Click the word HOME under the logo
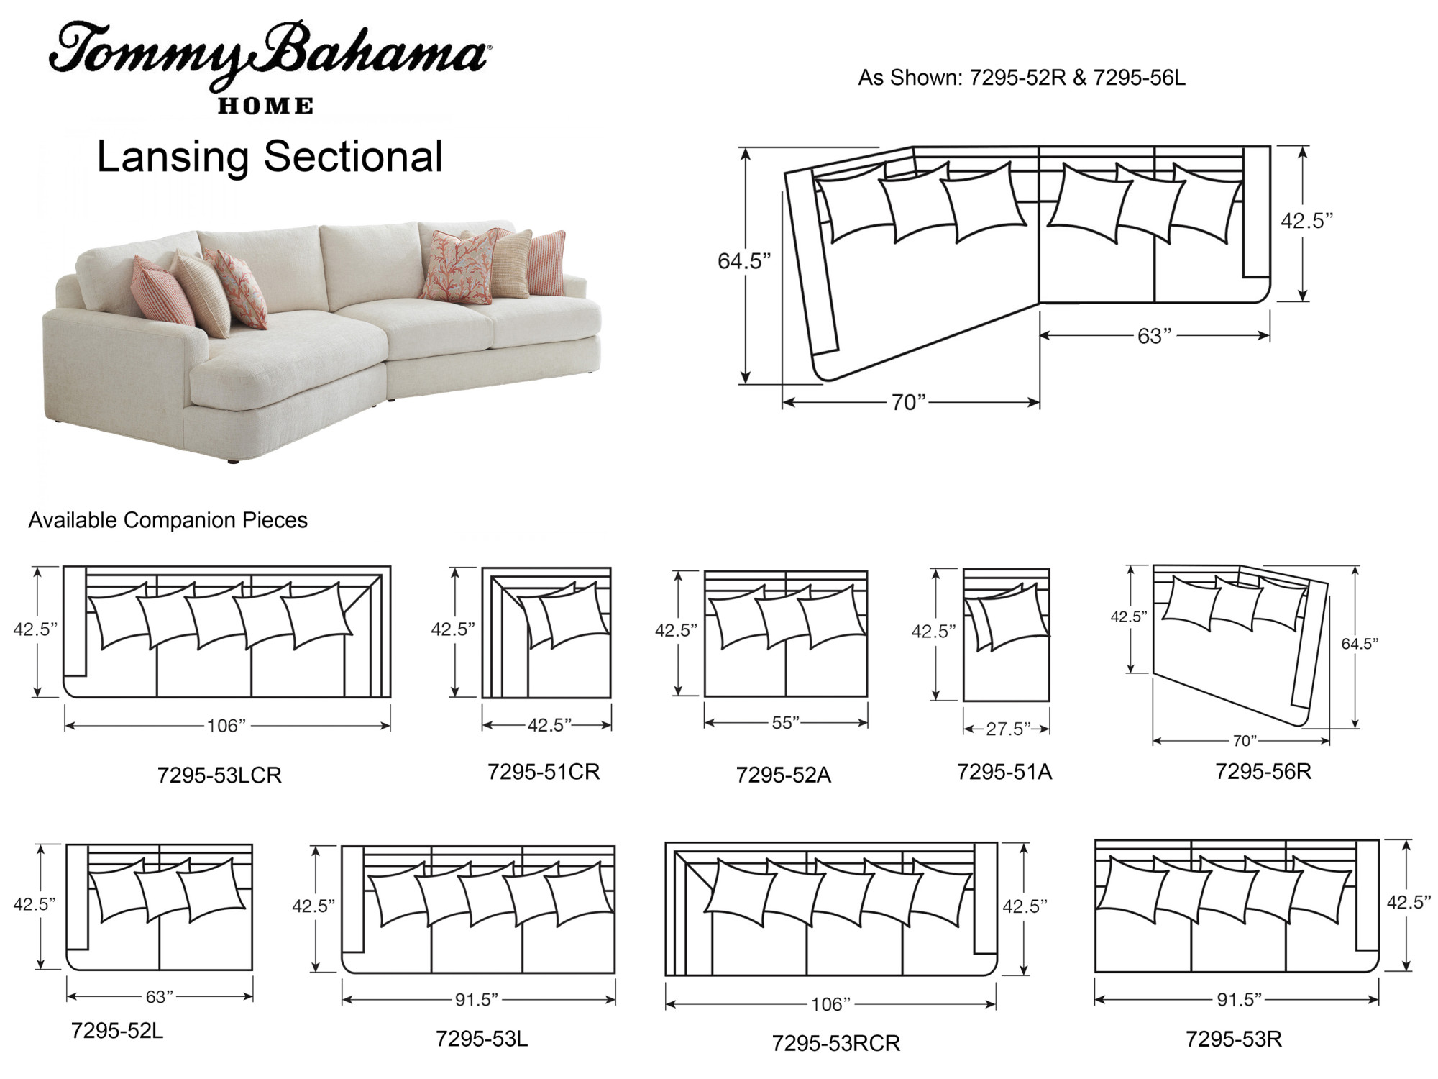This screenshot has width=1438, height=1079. pyautogui.click(x=265, y=106)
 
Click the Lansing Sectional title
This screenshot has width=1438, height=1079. pyautogui.click(x=270, y=157)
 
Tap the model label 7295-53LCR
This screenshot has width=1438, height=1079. pyautogui.click(x=219, y=775)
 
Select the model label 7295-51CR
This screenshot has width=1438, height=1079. pyautogui.click(x=544, y=771)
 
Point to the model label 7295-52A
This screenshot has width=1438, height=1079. pyautogui.click(x=783, y=775)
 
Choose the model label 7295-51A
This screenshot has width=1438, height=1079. pyautogui.click(x=1004, y=772)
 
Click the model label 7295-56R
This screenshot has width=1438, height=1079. pyautogui.click(x=1263, y=771)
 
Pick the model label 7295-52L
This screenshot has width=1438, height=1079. pyautogui.click(x=117, y=1031)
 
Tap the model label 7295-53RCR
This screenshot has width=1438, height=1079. pyautogui.click(x=836, y=1043)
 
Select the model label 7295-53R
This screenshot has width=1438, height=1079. pyautogui.click(x=1234, y=1039)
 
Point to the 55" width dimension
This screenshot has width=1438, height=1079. pyautogui.click(x=786, y=722)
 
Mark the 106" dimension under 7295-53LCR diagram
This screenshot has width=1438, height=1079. pyautogui.click(x=226, y=726)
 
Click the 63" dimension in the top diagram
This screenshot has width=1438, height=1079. pyautogui.click(x=1154, y=336)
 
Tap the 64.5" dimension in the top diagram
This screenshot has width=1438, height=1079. pyautogui.click(x=744, y=260)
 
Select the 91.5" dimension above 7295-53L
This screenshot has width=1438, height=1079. pyautogui.click(x=477, y=999)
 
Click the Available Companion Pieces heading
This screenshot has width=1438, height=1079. pyautogui.click(x=168, y=520)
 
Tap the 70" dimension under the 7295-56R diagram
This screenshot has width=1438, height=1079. pyautogui.click(x=1245, y=740)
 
